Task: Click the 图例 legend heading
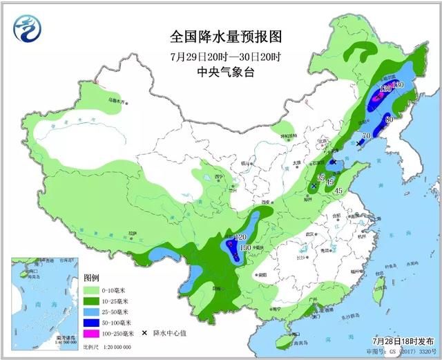pyautogui.click(x=92, y=278)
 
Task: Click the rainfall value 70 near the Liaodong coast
pyautogui.click(x=366, y=135)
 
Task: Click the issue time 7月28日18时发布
pyautogui.click(x=401, y=341)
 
